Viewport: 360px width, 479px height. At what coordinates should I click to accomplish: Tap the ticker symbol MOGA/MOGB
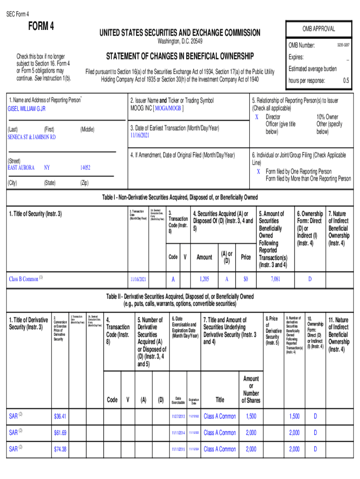tap(168, 109)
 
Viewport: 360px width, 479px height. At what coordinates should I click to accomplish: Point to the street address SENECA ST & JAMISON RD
tap(31, 137)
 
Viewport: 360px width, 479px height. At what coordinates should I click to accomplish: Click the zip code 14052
tap(85, 167)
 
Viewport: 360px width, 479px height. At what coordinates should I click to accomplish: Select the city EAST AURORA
tap(21, 167)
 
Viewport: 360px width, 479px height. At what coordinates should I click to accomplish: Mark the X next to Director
tap(257, 116)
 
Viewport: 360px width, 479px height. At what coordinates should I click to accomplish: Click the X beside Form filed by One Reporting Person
tap(258, 171)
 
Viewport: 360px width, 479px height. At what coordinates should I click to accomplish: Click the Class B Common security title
tap(23, 279)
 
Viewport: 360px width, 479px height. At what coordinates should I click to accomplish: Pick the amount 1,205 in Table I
tap(204, 279)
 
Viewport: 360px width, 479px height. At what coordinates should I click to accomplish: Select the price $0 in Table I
tap(245, 279)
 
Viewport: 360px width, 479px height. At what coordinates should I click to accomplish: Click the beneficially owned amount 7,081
tap(275, 279)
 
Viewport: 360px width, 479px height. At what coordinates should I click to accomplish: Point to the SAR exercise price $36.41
tap(60, 416)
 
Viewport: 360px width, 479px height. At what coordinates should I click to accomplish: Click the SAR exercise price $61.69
tap(60, 433)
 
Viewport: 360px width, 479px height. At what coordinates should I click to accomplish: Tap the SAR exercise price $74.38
tap(60, 449)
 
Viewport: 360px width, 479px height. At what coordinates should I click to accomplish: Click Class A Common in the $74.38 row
tap(220, 449)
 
